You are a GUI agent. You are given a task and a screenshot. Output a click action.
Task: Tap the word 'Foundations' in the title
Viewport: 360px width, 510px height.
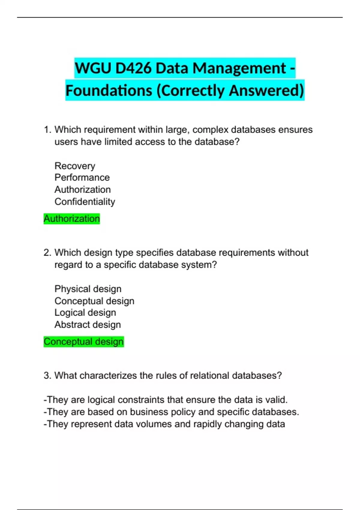click(109, 91)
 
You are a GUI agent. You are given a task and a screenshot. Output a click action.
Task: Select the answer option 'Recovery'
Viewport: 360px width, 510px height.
click(75, 166)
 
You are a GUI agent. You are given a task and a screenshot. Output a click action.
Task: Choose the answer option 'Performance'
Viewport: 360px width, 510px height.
click(82, 178)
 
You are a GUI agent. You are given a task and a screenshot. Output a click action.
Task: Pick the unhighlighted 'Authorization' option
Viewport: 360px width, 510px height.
click(82, 190)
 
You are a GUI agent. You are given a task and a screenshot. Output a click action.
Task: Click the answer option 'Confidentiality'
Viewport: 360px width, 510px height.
click(85, 202)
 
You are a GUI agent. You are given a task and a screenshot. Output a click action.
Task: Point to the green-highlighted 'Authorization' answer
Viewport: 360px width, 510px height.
click(71, 219)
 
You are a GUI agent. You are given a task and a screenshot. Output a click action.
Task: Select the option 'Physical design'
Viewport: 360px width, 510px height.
click(88, 289)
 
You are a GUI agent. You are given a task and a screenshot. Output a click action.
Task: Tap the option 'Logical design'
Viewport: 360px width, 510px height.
click(85, 313)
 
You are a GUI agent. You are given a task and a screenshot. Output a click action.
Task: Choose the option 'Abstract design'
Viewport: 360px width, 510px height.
click(88, 325)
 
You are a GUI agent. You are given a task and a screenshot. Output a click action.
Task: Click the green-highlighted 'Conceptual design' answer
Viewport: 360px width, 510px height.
click(83, 342)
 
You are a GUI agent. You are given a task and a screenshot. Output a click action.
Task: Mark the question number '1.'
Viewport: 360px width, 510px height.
click(47, 130)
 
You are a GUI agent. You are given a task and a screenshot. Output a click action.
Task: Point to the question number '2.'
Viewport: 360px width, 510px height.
click(47, 253)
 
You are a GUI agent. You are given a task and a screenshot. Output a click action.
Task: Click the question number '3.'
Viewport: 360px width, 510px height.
click(47, 376)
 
